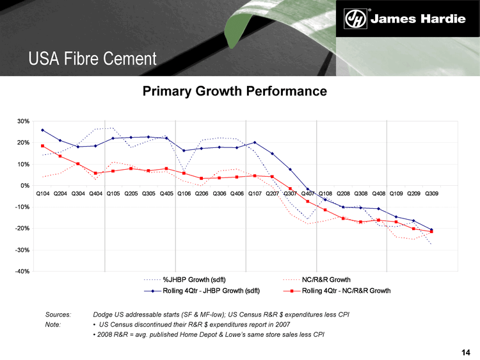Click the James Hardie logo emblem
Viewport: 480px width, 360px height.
pyautogui.click(x=356, y=19)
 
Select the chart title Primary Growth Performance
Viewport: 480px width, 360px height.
pyautogui.click(x=234, y=92)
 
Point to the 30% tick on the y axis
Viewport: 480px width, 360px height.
pyautogui.click(x=23, y=121)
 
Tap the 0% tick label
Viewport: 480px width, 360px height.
pyautogui.click(x=25, y=186)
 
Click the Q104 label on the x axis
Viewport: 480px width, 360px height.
pyautogui.click(x=43, y=193)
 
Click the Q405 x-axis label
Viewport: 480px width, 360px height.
pyautogui.click(x=166, y=193)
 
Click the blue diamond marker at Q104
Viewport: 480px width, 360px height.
pyautogui.click(x=43, y=130)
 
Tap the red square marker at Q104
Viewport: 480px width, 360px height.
pyautogui.click(x=43, y=146)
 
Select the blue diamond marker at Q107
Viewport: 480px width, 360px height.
pyautogui.click(x=255, y=142)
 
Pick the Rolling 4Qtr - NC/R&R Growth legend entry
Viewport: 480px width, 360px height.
pyautogui.click(x=346, y=291)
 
